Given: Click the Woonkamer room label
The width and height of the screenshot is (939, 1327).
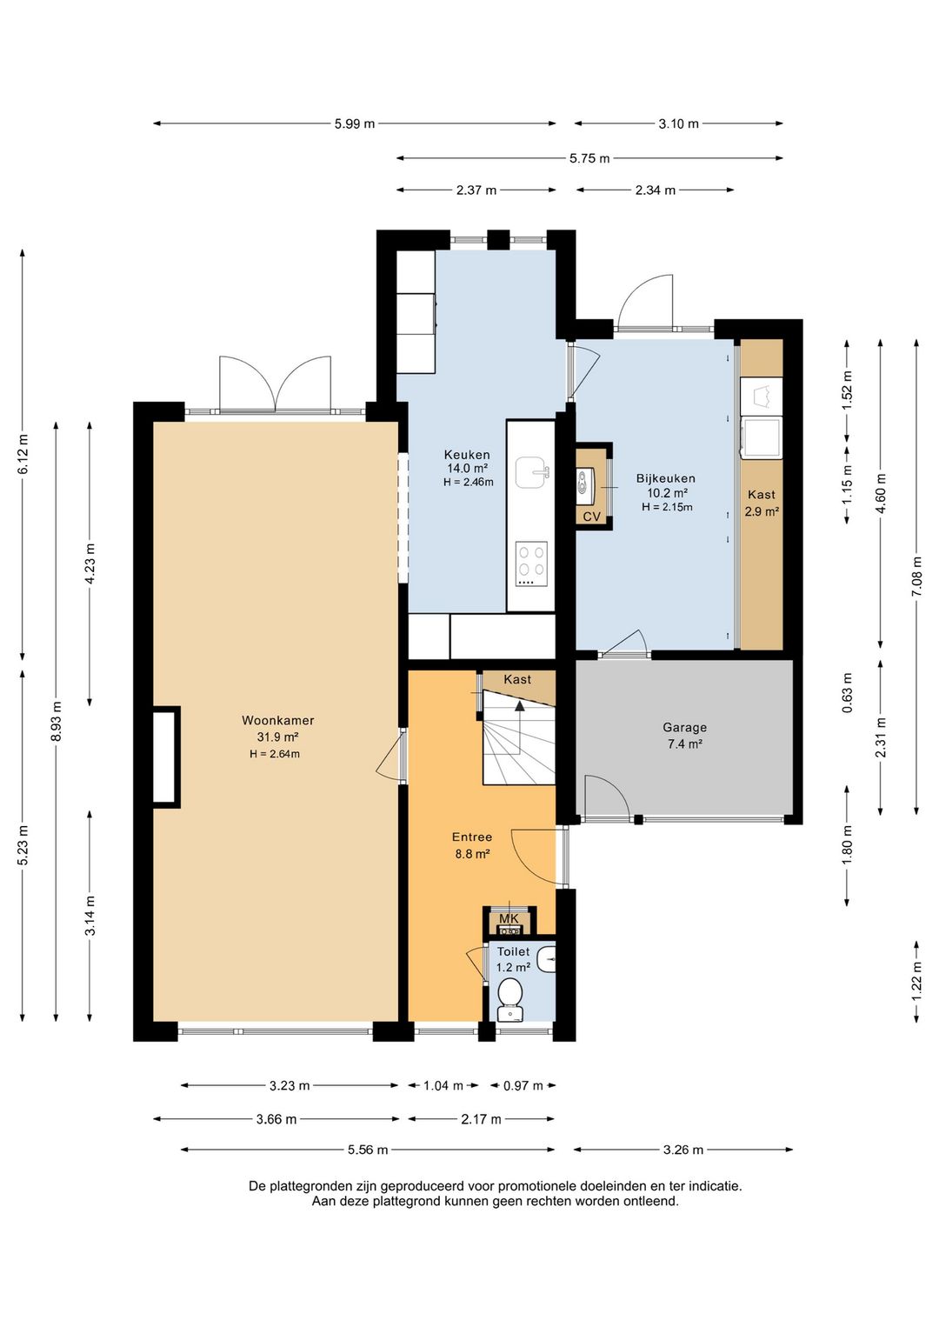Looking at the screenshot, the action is tap(277, 720).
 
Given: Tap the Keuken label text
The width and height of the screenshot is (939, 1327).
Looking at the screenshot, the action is tap(467, 455).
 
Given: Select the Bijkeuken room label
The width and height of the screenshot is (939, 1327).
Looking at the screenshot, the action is tap(666, 478).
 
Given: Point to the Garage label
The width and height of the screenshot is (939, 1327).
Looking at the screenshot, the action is tap(684, 727).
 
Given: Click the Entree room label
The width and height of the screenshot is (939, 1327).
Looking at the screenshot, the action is tap(471, 837).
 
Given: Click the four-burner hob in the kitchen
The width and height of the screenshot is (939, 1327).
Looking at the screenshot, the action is tap(531, 564).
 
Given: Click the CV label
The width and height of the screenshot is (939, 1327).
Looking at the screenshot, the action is tap(591, 517).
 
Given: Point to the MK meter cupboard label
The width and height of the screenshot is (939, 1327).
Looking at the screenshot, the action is tap(509, 918).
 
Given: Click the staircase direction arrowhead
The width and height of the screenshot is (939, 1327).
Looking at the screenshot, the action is tap(520, 705).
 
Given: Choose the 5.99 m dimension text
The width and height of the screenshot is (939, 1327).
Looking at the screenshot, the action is tap(355, 123).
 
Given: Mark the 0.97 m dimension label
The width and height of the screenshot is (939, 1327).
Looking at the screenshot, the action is tap(523, 1086).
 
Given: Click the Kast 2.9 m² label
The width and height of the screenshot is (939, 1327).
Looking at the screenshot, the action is tap(762, 503).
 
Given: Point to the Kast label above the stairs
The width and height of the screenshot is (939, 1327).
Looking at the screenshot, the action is tap(517, 679).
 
